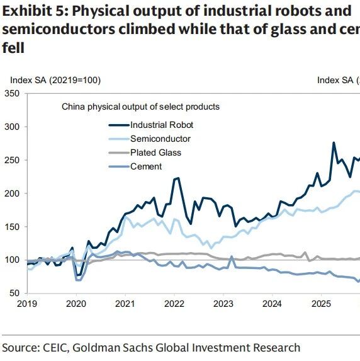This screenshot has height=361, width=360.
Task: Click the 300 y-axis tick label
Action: point(12,127)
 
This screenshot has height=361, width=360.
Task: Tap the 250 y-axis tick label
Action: point(12,160)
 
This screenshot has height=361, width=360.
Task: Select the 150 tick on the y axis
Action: point(12,227)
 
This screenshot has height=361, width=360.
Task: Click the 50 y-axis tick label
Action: point(14,294)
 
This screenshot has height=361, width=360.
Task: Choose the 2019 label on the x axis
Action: point(27,304)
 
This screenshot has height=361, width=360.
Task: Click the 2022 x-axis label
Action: point(174,304)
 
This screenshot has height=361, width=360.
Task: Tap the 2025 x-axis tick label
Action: point(321,304)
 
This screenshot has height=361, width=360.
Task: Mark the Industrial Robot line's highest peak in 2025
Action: point(334,143)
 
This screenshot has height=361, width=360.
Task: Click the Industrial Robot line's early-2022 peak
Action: point(178,178)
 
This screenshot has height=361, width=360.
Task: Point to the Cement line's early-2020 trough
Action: point(78,280)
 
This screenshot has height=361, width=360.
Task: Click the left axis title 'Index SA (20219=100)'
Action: point(55,81)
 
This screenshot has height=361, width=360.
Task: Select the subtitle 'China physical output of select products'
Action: point(140,107)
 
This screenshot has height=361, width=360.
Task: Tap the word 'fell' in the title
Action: point(13,48)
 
